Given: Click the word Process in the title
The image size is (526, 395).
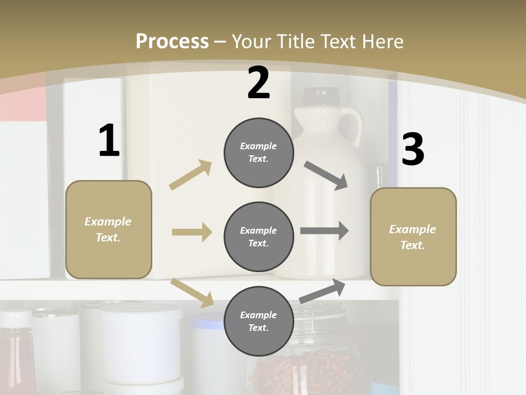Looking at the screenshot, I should [x=172, y=42].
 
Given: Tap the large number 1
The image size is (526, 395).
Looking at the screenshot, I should [x=109, y=141].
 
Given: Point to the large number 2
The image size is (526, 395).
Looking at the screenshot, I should [x=259, y=83].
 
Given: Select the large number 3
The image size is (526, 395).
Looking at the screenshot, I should [x=413, y=150].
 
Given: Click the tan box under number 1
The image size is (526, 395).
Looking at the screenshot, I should [x=108, y=229].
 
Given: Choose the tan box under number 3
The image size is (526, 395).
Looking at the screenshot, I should [x=413, y=236].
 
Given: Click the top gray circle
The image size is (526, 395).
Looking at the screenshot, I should [x=259, y=153].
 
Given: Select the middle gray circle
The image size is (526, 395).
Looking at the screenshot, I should [x=259, y=236].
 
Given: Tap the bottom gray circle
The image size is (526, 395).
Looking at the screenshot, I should [x=259, y=321].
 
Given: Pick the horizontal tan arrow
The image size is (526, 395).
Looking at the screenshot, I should [x=192, y=232].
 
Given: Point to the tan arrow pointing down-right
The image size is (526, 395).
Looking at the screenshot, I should [x=192, y=292].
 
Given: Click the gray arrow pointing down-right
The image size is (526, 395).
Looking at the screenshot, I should [x=326, y=176].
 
